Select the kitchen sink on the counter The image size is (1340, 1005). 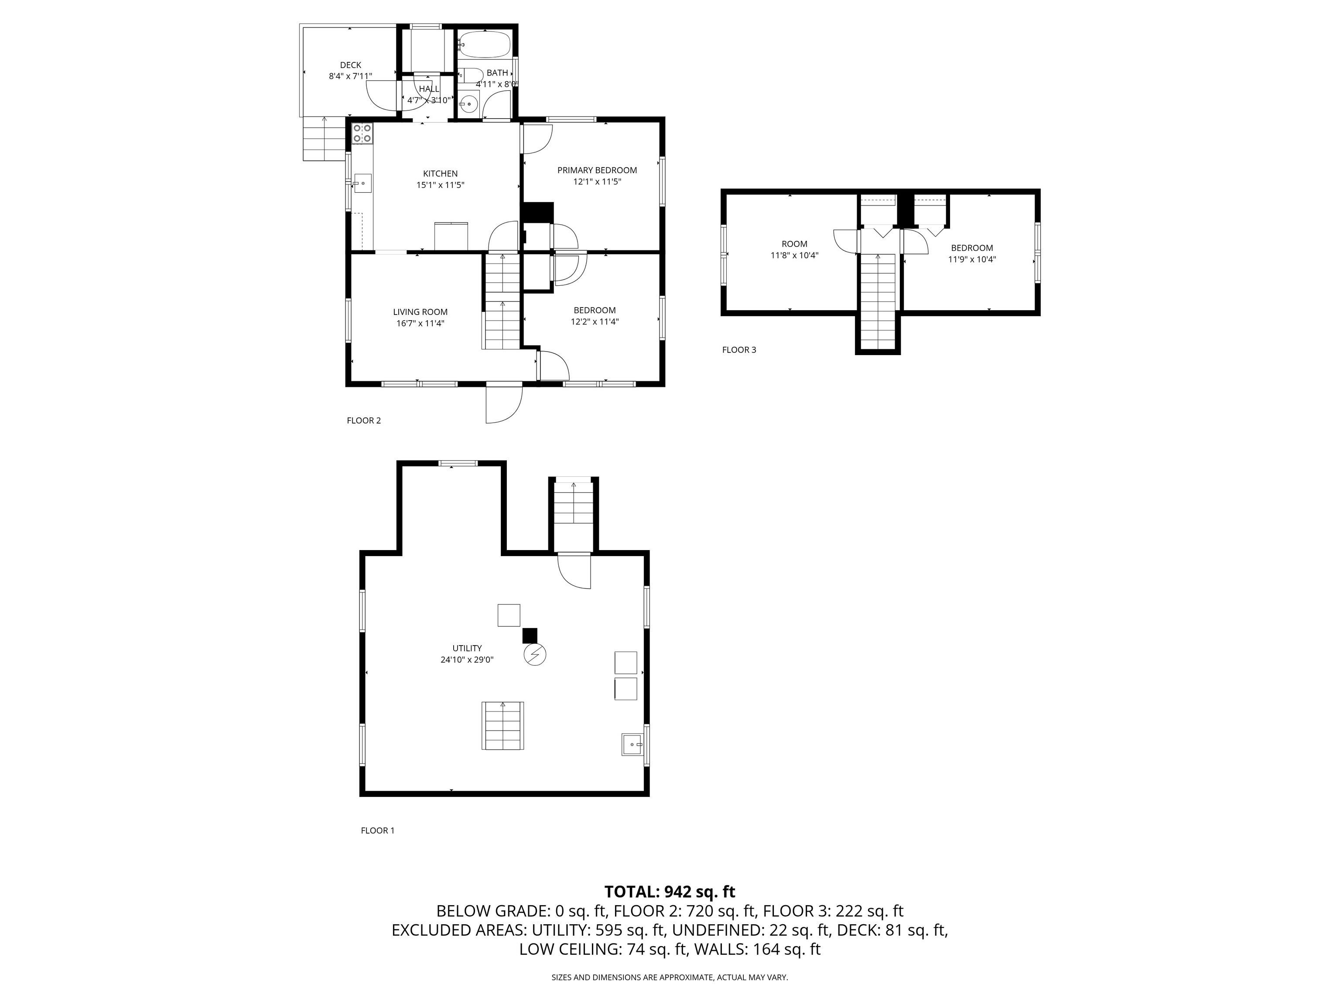(362, 183)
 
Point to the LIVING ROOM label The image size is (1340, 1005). (420, 312)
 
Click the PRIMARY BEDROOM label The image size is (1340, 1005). (597, 170)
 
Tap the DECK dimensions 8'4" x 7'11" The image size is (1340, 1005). (350, 76)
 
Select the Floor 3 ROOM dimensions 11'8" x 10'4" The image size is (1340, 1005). (794, 256)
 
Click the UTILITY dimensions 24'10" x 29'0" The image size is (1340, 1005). (467, 660)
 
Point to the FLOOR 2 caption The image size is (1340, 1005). (363, 420)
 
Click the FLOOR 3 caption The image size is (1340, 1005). (739, 349)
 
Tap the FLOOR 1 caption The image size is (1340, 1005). (377, 831)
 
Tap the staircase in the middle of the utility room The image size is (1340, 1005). (503, 726)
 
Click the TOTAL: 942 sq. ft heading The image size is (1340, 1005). (670, 892)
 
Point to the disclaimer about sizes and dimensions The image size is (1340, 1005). (670, 977)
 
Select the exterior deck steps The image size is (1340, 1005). (324, 139)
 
